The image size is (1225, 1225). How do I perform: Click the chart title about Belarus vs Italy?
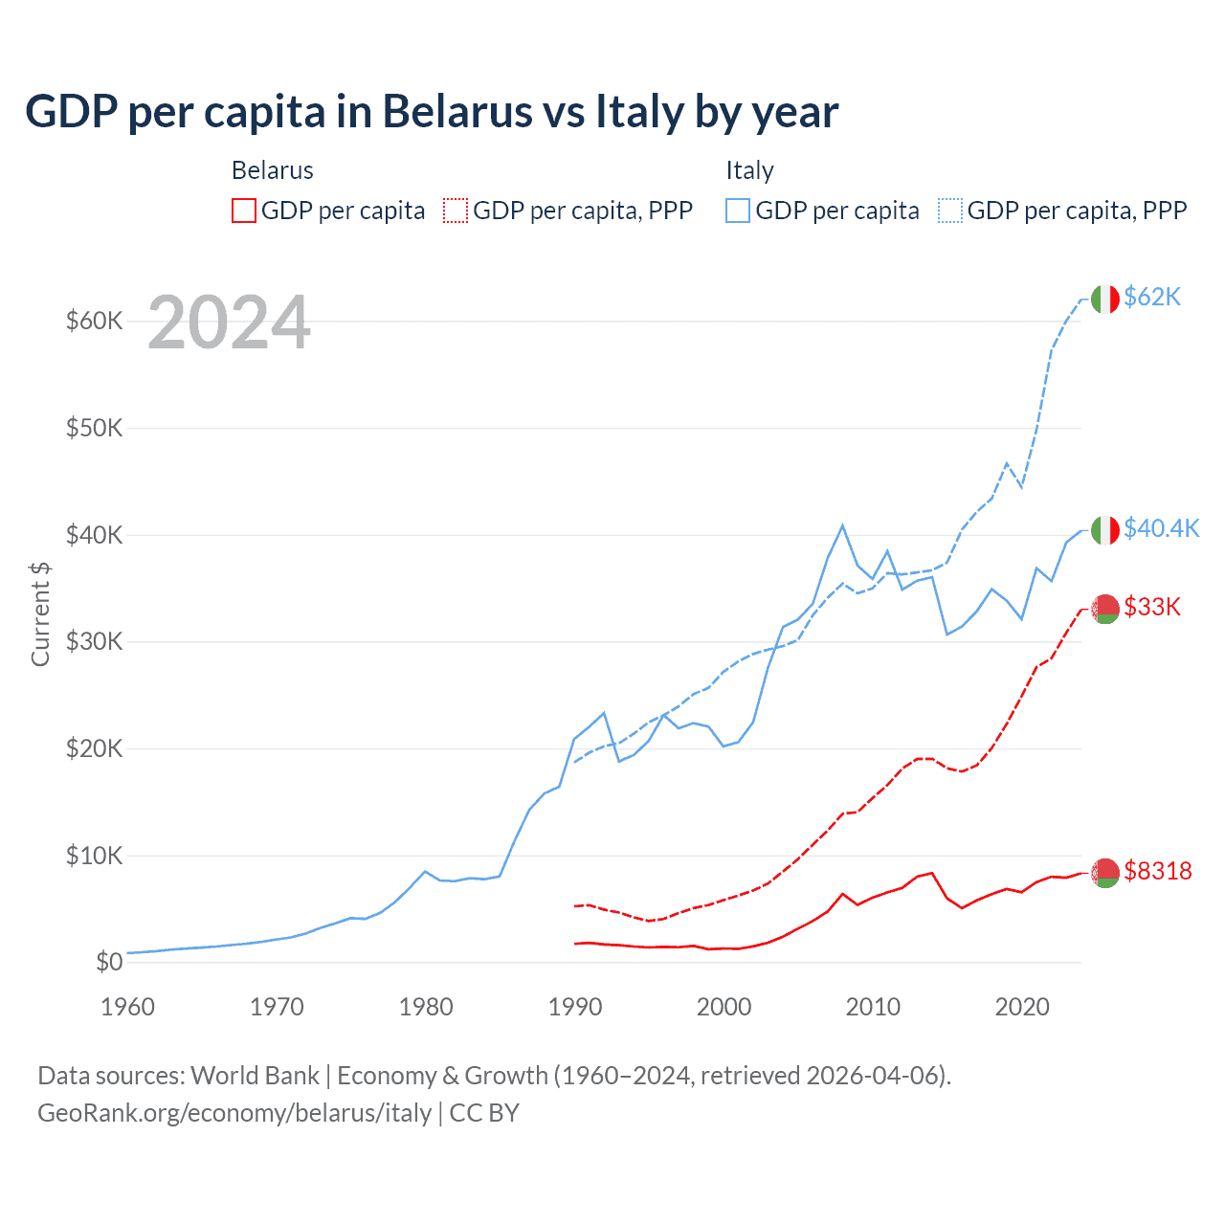click(432, 112)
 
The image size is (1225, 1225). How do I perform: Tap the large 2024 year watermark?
click(229, 323)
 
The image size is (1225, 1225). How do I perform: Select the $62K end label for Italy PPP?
click(1152, 298)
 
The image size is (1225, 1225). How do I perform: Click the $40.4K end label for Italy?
click(1161, 528)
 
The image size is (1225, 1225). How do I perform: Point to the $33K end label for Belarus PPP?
click(1152, 607)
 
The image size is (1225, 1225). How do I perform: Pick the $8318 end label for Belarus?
click(1158, 871)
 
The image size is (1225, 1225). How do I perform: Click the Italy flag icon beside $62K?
click(1104, 299)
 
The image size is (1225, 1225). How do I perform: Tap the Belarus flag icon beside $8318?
click(1104, 872)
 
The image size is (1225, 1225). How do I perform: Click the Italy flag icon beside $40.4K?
click(1104, 529)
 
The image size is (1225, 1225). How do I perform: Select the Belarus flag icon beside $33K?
click(1104, 608)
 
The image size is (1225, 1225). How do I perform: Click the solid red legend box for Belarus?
click(244, 211)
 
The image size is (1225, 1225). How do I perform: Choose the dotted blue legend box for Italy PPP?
click(950, 211)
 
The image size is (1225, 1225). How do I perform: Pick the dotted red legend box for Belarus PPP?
click(456, 211)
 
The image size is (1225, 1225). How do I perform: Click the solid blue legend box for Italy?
click(738, 211)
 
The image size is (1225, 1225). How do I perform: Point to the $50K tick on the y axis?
click(94, 428)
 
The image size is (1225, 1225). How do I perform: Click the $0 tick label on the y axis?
click(109, 962)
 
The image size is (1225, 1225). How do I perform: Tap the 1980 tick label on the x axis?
click(426, 1007)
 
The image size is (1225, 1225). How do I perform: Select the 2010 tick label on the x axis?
click(873, 1007)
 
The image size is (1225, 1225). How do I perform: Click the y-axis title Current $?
click(40, 613)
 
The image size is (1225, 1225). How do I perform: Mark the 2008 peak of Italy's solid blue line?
click(842, 525)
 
